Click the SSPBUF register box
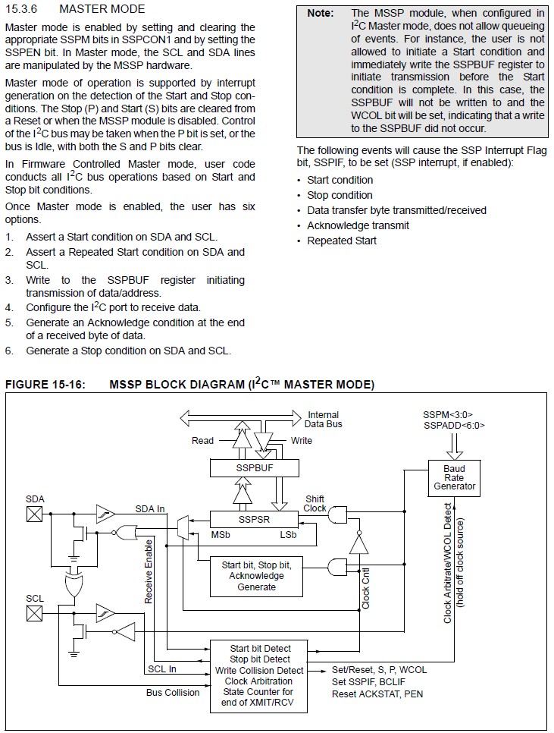coord(255,468)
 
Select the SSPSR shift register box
coord(255,519)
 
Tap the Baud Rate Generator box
coord(454,478)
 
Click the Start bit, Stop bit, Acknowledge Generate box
coord(256,576)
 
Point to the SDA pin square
coord(34,514)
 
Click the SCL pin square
coord(34,613)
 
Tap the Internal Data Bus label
coord(324,420)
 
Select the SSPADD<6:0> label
coord(454,426)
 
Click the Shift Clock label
coord(315,504)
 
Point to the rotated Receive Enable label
coord(149,571)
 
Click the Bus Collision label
coord(173,692)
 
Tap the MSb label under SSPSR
coord(221,534)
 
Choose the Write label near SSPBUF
coord(301,440)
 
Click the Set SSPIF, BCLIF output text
coord(369,681)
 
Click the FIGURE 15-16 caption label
coord(45,384)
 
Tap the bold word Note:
coord(320,13)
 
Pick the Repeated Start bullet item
coord(342,241)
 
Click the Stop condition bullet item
coord(340,196)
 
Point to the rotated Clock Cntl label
coord(365,588)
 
